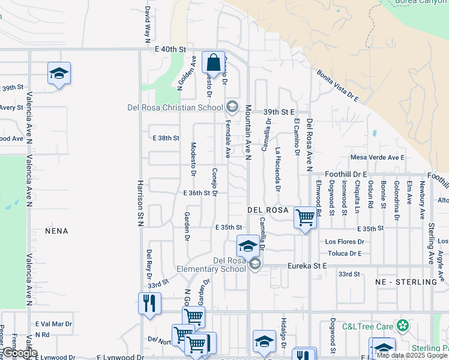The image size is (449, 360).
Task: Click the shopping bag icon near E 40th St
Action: pos(213,62)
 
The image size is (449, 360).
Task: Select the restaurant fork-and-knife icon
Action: pos(149,302)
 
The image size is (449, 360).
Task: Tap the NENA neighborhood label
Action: pos(57,231)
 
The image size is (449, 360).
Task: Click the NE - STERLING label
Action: pos(406,282)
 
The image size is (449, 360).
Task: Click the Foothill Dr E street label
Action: pos(346,174)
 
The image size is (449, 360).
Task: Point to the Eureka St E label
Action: pos(307,265)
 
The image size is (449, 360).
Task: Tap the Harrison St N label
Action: pos(140,203)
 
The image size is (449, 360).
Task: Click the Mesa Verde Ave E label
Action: pos(378,158)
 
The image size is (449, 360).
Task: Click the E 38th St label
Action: pos(166,138)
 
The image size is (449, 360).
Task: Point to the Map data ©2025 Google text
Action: pos(412,355)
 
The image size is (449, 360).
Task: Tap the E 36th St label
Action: pos(197,193)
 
